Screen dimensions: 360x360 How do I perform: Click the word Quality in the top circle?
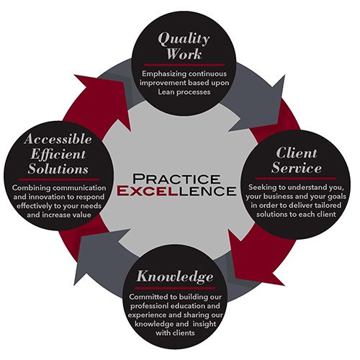pos(184,39)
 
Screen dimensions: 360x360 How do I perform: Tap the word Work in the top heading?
pos(184,54)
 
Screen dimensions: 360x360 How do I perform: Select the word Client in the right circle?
pos(297,153)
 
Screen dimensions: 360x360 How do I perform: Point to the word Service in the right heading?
pos(297,167)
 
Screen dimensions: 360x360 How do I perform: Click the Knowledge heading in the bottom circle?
pos(175,277)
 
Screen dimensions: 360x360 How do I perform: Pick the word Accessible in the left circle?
pos(58,139)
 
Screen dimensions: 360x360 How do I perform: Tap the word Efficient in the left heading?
pos(58,154)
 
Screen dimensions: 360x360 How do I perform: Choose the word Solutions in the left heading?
pos(58,168)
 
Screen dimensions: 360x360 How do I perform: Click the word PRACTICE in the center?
pos(176,179)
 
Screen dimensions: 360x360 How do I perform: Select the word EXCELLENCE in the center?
pos(176,191)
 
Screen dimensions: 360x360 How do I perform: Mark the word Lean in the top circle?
pos(166,92)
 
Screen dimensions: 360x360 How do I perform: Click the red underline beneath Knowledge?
pos(175,288)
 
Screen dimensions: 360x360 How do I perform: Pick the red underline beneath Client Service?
pos(295,179)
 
